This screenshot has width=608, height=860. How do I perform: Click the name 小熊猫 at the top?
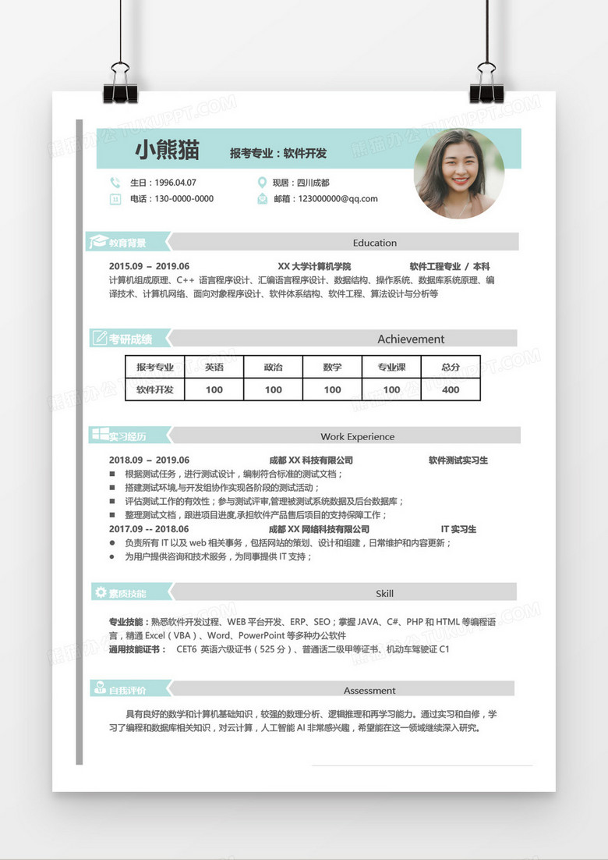click(x=167, y=150)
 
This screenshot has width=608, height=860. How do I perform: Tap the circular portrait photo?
click(x=458, y=173)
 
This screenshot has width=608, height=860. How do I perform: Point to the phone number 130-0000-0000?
click(x=184, y=199)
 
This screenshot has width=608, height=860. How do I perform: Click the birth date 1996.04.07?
click(x=175, y=183)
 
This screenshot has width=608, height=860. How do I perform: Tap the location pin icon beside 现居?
click(x=262, y=183)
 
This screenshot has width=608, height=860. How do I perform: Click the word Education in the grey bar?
click(x=375, y=243)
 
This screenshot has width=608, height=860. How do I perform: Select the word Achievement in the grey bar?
click(x=411, y=339)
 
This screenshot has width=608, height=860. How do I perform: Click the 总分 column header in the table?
click(x=451, y=367)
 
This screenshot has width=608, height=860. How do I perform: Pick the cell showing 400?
click(x=451, y=389)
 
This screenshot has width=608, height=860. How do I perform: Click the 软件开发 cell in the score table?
click(x=155, y=389)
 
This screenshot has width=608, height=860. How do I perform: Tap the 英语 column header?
click(x=214, y=367)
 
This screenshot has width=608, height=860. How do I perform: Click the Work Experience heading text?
click(x=358, y=436)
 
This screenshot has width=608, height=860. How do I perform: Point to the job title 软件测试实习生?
click(x=458, y=460)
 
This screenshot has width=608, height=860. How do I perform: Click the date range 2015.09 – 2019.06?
click(x=149, y=266)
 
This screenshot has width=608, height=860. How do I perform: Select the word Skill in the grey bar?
click(x=384, y=593)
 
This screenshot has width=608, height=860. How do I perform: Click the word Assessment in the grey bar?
click(x=369, y=691)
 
